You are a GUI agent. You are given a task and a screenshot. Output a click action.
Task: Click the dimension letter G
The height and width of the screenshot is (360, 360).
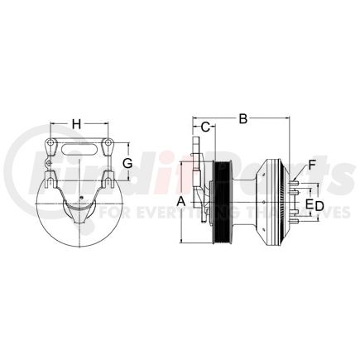point(127,164)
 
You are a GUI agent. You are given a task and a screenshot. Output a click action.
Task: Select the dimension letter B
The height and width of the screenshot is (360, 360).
point(243,120)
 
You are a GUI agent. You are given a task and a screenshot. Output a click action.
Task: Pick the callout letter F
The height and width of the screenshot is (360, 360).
point(313,166)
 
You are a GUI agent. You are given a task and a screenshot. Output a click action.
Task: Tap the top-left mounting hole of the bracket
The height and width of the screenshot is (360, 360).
point(50,148)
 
